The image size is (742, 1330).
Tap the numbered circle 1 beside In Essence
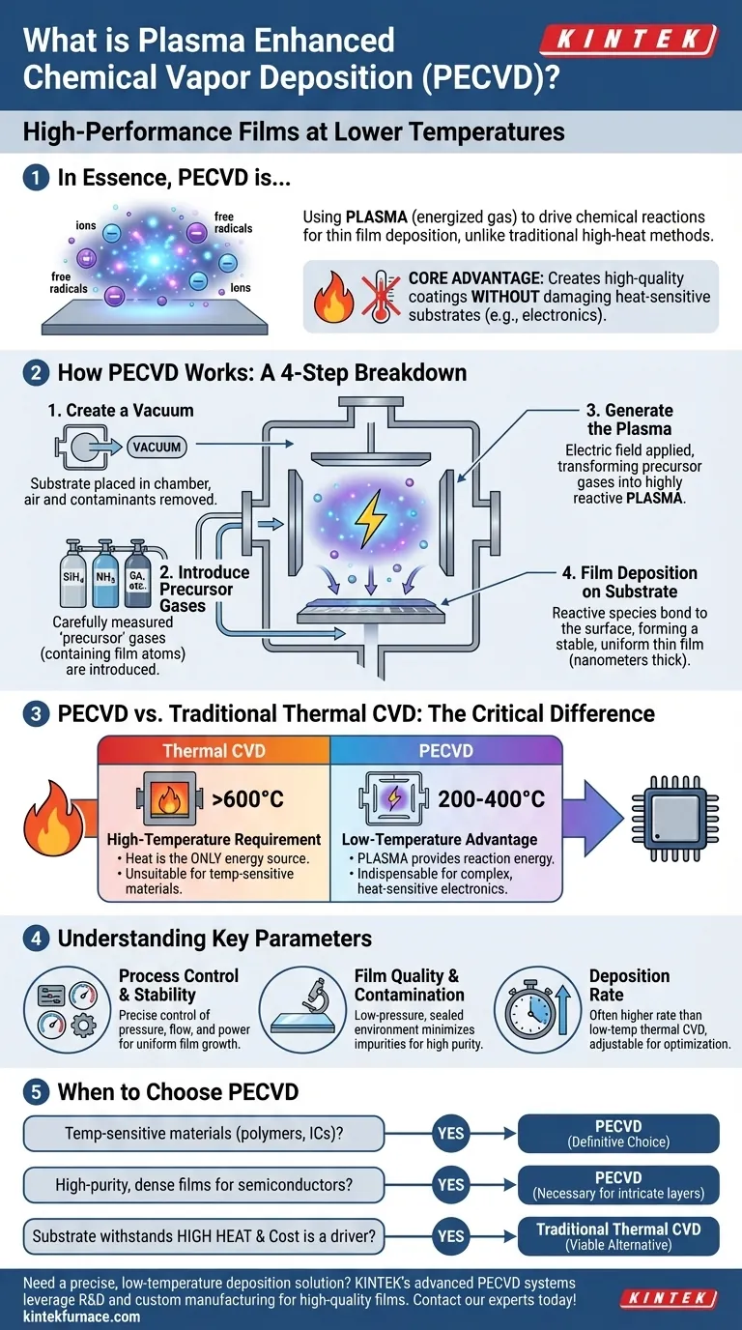[34, 178]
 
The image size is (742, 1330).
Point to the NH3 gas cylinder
[102, 579]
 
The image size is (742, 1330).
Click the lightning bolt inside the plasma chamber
[370, 520]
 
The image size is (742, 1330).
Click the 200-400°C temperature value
[491, 799]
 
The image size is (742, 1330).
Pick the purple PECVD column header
[446, 750]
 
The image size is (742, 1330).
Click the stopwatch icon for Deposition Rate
[534, 1010]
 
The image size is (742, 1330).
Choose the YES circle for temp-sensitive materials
[451, 1133]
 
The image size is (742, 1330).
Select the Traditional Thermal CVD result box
[619, 1235]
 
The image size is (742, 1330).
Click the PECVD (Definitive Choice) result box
[619, 1133]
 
